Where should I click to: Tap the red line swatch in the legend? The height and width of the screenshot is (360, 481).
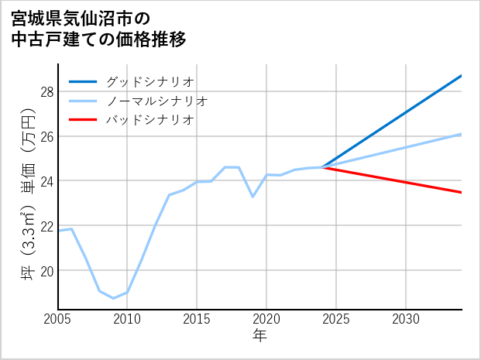point(83,120)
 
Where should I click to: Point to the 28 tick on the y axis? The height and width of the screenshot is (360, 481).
point(46,92)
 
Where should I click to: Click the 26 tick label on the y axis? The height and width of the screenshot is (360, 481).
point(46,136)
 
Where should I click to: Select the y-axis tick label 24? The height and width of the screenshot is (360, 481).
point(46,181)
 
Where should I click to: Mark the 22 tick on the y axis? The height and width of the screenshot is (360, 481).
point(46,226)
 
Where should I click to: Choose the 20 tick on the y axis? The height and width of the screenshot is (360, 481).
point(46,271)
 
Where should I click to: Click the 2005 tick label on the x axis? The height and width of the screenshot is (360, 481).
point(58,319)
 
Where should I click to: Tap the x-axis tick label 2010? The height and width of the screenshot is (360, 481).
point(127,319)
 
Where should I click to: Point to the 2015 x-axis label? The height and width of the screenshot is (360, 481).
point(197,319)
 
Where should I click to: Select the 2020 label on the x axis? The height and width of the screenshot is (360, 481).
point(266,319)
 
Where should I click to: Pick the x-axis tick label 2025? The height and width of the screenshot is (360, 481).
point(336,319)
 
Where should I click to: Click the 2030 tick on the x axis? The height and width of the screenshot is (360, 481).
point(406,319)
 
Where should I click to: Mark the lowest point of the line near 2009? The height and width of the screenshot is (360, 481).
point(113,298)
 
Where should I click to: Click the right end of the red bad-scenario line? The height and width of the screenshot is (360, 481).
point(462,192)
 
